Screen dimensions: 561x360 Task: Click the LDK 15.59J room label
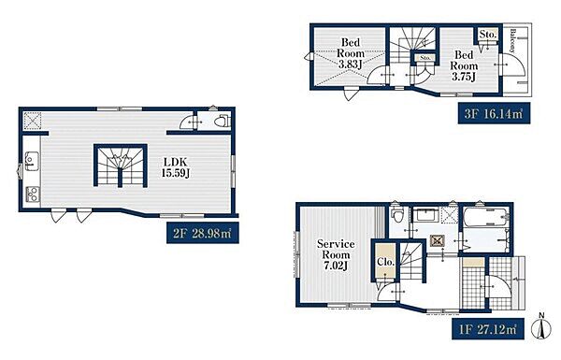tap(176, 167)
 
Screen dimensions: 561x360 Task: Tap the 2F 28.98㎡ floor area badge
tap(203, 233)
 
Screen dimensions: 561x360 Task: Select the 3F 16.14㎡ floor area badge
tap(494, 113)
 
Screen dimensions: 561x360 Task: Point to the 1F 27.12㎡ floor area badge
tap(488, 329)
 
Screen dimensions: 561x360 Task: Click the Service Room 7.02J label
tap(336, 254)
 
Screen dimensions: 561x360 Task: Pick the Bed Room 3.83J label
tap(351, 53)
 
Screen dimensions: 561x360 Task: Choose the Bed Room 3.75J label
tap(464, 65)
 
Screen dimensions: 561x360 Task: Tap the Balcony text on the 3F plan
tap(513, 40)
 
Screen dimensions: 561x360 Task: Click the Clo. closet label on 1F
tap(385, 262)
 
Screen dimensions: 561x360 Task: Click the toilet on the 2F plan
tap(222, 121)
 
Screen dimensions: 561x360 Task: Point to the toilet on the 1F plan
tap(397, 215)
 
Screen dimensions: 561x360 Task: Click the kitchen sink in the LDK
tap(32, 162)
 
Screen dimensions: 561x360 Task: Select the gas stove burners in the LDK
tap(33, 195)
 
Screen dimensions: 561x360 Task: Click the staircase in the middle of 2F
tap(121, 166)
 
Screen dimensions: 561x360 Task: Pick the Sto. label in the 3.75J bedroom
tap(488, 35)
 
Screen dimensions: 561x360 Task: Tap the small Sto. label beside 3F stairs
tap(425, 58)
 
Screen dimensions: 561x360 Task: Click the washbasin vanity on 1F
tap(425, 216)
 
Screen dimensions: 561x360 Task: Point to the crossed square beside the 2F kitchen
tap(32, 121)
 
